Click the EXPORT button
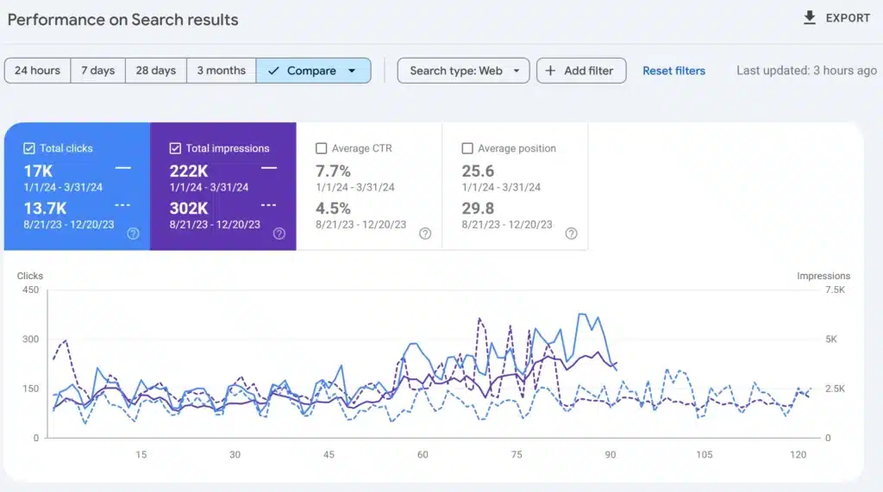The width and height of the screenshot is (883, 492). pos(836,18)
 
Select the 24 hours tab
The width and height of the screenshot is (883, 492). pos(37,71)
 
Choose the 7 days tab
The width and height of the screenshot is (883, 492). pos(97,71)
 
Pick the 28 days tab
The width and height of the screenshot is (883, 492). pos(156,71)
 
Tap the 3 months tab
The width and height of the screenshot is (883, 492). pos(221,71)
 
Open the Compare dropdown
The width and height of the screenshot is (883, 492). pos(313,71)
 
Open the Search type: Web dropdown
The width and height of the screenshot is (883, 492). pos(463,71)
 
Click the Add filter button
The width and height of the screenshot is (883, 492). pos(581,71)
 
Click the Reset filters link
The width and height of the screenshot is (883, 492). pos(673,71)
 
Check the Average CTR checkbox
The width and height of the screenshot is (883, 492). pos(322,148)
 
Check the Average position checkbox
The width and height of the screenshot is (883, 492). pos(467,148)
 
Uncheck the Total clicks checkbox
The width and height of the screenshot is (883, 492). pos(29,148)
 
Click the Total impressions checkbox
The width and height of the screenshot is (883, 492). pos(175,148)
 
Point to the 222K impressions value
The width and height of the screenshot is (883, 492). pos(188,171)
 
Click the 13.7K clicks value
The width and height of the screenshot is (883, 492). pos(45,208)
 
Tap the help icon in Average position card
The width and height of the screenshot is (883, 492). pos(571,234)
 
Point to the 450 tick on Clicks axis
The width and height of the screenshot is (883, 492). pos(30,290)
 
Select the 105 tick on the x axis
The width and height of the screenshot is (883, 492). pos(705,455)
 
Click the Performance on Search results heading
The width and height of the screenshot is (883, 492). pos(122,19)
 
